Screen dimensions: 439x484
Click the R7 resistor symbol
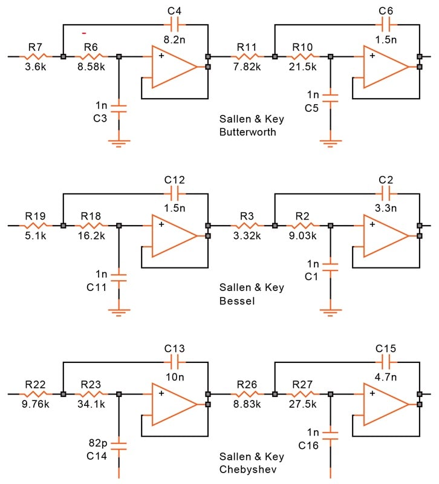click(x=36, y=56)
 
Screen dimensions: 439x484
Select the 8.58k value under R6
click(x=91, y=67)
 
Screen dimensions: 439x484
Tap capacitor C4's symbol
click(x=175, y=25)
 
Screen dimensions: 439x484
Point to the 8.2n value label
click(x=174, y=39)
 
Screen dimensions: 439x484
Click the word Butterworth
click(x=248, y=132)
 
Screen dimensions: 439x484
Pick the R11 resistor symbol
click(x=247, y=56)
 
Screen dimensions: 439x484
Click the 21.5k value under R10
click(x=302, y=67)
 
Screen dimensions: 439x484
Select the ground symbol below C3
click(x=119, y=143)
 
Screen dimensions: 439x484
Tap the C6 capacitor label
click(x=386, y=11)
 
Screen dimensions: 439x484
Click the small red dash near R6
click(x=84, y=33)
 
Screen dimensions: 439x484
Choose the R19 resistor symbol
click(x=36, y=225)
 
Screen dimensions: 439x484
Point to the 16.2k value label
click(x=91, y=236)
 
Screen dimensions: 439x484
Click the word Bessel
click(x=237, y=301)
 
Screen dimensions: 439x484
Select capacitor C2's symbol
click(x=386, y=194)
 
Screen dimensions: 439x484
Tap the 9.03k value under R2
click(x=302, y=236)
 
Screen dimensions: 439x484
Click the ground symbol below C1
click(x=330, y=312)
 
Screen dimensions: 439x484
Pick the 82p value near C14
click(x=98, y=443)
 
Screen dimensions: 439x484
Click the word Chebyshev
click(x=248, y=469)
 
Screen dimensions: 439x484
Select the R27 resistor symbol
click(x=302, y=394)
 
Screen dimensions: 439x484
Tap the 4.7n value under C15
click(x=386, y=377)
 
